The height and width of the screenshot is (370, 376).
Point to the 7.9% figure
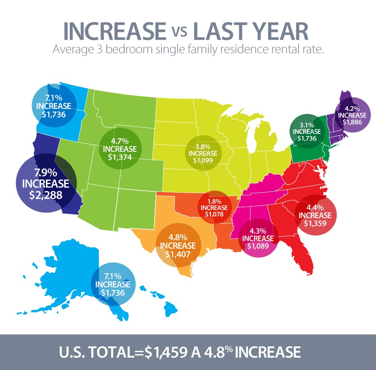pos(45,174)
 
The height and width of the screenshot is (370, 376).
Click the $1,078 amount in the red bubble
pos(214,214)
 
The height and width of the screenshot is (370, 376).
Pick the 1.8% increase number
pos(214,201)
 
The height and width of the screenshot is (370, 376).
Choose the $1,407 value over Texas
pos(178,254)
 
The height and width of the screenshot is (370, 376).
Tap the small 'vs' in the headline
pos(179,34)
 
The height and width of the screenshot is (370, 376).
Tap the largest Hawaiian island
pos(171,310)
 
